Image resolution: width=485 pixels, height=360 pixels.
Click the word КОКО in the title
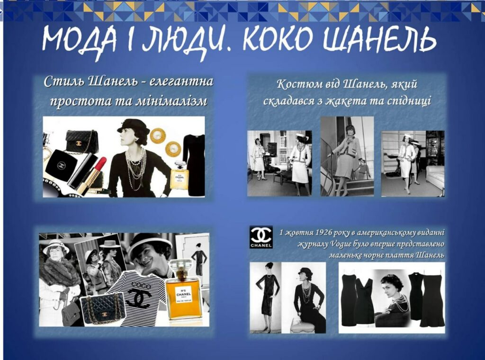277,40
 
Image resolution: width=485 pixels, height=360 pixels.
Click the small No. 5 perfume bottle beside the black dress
180,175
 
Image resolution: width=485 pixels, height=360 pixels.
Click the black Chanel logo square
261,237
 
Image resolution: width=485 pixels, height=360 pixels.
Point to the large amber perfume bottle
184,291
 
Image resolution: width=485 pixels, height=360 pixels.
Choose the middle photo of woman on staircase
347,156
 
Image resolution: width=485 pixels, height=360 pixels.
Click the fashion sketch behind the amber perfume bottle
192,253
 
